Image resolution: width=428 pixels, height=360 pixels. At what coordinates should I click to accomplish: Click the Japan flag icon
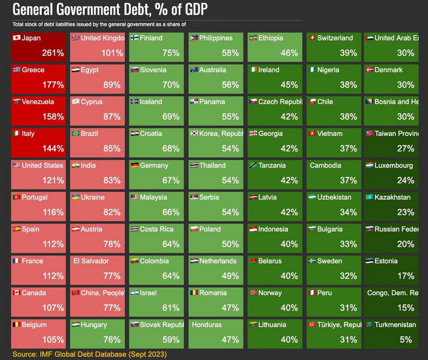(x=16, y=38)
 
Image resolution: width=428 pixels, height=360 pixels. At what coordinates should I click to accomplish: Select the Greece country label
(x=33, y=70)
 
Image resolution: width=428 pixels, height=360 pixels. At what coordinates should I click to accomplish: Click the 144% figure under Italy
(x=52, y=148)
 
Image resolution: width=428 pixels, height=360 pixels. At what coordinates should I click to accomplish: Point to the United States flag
(x=16, y=165)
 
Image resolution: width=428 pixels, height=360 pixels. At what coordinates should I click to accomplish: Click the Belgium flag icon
(x=16, y=325)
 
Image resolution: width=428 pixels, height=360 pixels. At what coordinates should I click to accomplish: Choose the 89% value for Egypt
(x=112, y=85)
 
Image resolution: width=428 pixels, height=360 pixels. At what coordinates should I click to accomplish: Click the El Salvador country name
(x=91, y=261)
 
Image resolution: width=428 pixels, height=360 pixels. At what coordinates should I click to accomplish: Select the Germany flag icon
(x=135, y=165)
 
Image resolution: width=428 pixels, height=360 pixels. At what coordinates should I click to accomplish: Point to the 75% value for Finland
(x=171, y=53)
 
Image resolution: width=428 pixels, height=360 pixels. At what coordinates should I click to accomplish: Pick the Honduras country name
(x=208, y=325)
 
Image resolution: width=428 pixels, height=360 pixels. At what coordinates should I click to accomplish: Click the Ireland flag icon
(x=253, y=70)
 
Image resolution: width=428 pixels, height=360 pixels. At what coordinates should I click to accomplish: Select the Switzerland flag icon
(x=312, y=38)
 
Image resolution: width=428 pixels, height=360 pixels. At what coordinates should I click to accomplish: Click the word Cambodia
(x=325, y=165)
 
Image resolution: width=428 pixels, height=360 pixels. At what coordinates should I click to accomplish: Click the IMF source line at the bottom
(x=90, y=354)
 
